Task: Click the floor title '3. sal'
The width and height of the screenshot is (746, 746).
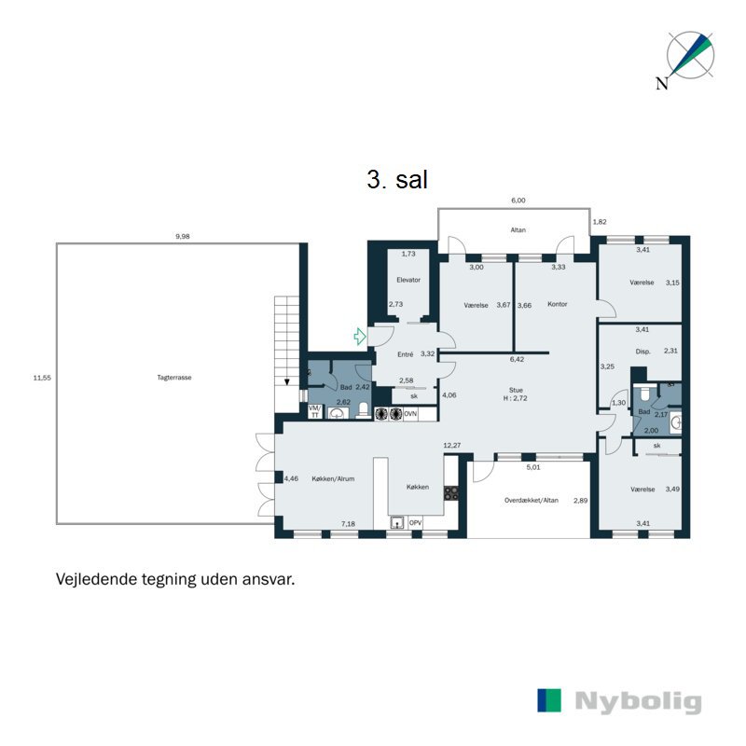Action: tap(397, 180)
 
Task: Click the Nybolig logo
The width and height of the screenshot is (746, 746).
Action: tap(619, 701)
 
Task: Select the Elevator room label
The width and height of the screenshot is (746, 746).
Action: tap(408, 280)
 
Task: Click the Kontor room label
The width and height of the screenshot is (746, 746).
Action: tap(558, 304)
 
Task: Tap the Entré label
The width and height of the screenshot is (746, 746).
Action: tap(406, 354)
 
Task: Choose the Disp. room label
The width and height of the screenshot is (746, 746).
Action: tap(642, 352)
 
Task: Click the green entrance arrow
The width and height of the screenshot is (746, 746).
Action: tap(359, 336)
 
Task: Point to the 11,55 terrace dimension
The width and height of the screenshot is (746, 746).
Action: tap(40, 378)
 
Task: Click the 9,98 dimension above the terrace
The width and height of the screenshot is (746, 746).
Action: tap(182, 237)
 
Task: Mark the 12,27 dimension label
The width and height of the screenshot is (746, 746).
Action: tap(452, 446)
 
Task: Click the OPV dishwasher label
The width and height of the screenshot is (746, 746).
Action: tap(415, 523)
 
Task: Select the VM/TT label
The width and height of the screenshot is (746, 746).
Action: tap(314, 411)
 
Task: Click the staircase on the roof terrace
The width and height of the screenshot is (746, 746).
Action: tap(285, 340)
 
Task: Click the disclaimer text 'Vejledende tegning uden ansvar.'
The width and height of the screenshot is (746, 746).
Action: tap(175, 579)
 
